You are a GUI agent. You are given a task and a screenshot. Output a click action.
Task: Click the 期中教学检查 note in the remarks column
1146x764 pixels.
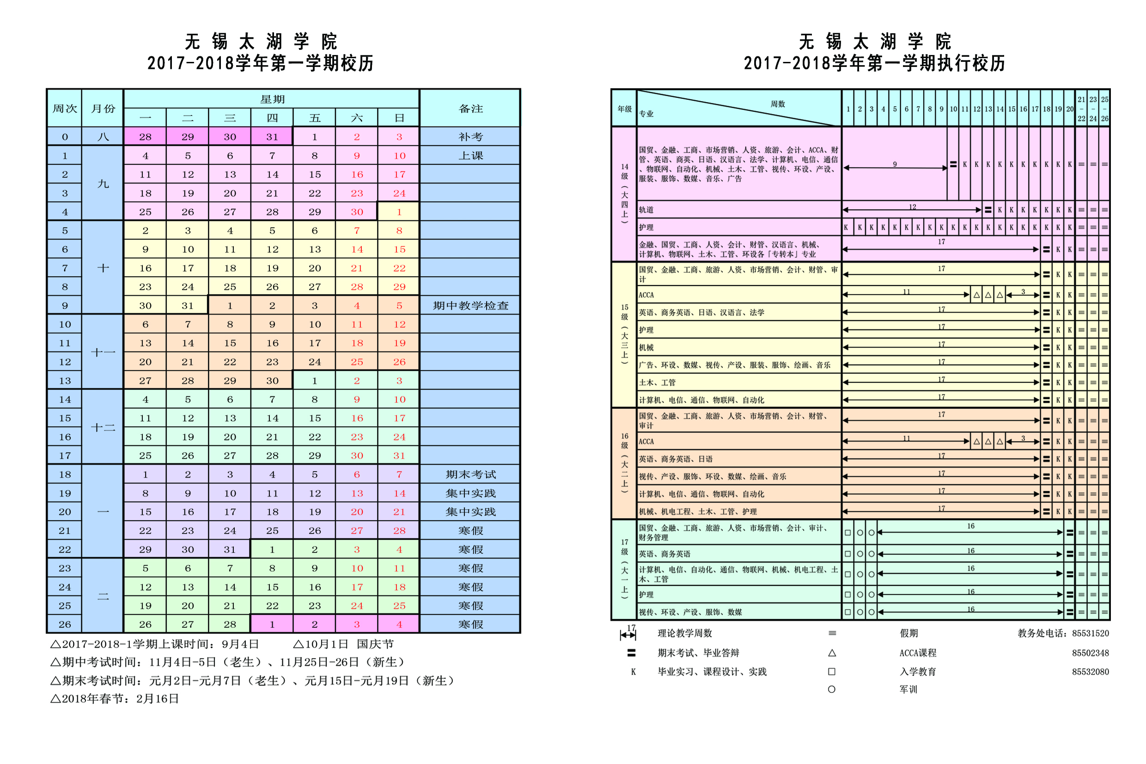tap(470, 305)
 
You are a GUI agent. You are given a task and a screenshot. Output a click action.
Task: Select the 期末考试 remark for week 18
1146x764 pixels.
tap(470, 474)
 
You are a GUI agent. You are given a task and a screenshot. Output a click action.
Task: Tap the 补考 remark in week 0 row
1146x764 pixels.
tap(470, 137)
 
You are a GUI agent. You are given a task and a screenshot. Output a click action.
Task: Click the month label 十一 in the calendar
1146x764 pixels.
tap(104, 352)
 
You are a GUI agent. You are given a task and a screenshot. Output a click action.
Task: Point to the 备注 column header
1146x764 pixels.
tap(470, 109)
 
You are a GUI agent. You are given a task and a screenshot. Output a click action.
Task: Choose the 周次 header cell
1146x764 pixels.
tap(65, 109)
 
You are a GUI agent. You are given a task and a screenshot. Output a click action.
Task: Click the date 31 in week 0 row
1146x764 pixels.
tap(272, 137)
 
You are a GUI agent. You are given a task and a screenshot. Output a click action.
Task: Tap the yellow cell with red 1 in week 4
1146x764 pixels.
tap(399, 212)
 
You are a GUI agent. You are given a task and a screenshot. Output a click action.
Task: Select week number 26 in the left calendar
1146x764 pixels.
tap(65, 625)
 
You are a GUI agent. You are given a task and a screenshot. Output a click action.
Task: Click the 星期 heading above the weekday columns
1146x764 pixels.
tap(272, 99)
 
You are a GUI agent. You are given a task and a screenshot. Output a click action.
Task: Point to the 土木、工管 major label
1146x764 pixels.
tap(657, 383)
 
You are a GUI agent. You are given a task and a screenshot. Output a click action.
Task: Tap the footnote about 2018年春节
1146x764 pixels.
tap(115, 699)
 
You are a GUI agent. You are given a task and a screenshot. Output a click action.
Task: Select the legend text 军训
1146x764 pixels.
tap(908, 690)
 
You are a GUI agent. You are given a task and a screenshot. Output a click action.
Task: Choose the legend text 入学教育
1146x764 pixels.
tap(917, 672)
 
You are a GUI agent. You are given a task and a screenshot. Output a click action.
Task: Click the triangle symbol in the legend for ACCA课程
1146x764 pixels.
tap(832, 653)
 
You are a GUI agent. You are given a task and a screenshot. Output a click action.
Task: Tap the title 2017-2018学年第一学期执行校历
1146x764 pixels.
tap(874, 63)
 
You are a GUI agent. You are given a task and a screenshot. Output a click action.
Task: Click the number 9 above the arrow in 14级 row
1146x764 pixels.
tap(895, 164)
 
